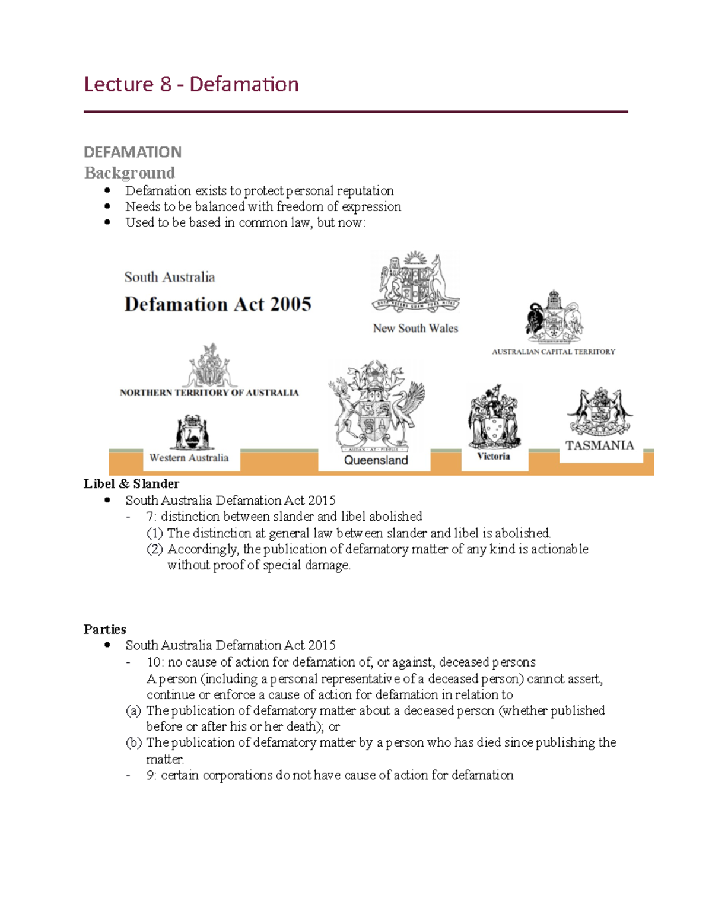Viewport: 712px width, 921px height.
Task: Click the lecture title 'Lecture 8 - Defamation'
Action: (191, 84)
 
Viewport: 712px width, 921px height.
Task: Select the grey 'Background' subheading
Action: (129, 173)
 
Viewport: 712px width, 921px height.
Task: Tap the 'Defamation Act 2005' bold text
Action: (217, 304)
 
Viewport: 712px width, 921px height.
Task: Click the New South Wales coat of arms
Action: (415, 282)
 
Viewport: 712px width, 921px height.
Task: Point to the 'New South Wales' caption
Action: (415, 328)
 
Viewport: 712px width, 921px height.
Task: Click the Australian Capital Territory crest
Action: (554, 317)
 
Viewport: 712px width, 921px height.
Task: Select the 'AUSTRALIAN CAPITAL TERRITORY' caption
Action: (553, 352)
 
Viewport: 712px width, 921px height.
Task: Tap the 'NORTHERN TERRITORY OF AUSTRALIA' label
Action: (209, 393)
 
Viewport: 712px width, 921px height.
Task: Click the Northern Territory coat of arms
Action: (209, 365)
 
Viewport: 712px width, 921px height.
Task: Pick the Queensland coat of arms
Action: (376, 406)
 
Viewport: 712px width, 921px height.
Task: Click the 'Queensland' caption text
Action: (376, 460)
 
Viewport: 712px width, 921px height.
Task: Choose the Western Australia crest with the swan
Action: (192, 432)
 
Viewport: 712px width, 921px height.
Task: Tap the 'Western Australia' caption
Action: (189, 458)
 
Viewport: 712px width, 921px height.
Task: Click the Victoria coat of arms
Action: (494, 417)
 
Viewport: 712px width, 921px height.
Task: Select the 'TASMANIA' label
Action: (599, 445)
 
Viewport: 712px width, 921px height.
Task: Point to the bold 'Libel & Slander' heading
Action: (131, 483)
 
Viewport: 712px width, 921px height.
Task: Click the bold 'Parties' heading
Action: (105, 629)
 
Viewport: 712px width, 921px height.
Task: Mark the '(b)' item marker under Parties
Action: (133, 742)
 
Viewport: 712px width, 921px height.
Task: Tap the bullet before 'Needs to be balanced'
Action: (107, 206)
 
